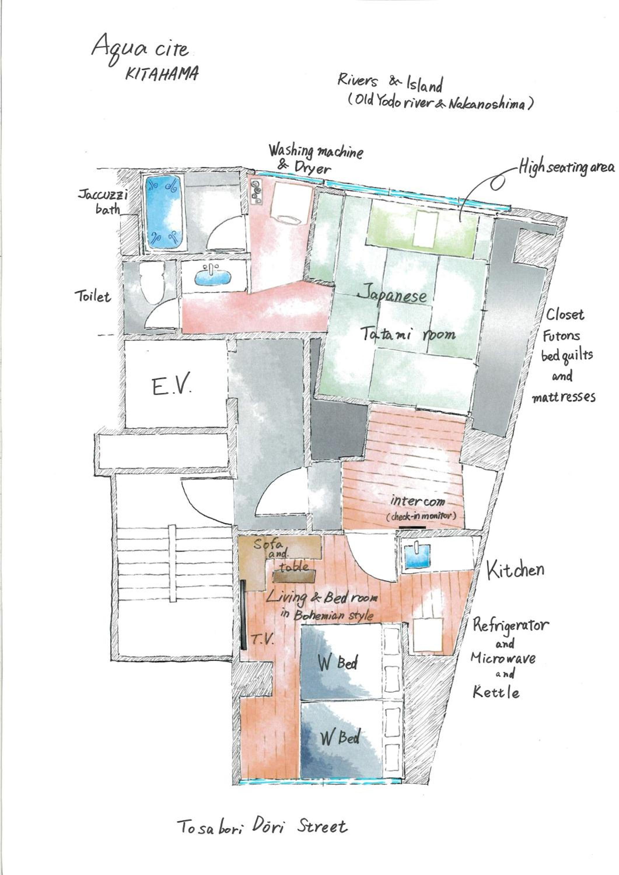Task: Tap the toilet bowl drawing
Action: (152, 283)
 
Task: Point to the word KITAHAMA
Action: (162, 73)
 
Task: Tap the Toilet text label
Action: (93, 296)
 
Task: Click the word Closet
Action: (565, 315)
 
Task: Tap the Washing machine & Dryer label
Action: (316, 159)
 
